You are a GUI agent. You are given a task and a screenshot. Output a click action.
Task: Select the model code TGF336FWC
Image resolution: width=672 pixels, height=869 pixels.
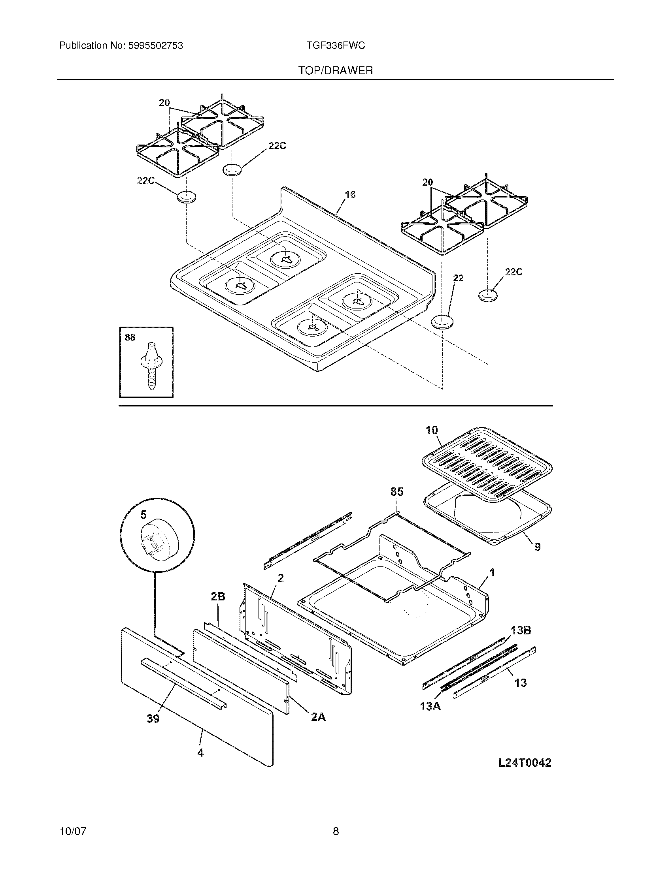pos(335,46)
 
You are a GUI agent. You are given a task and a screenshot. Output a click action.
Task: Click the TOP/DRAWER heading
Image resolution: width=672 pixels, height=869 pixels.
pos(336,71)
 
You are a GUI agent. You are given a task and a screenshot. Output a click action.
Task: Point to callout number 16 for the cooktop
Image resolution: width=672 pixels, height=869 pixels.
pos(350,195)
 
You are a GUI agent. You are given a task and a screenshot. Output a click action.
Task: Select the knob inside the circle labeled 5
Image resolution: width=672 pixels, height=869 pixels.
pos(158,540)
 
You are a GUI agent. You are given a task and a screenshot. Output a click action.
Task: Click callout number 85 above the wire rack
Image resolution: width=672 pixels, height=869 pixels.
pos(396,492)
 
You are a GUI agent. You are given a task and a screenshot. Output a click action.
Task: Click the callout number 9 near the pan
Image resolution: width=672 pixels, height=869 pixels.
pos(537,547)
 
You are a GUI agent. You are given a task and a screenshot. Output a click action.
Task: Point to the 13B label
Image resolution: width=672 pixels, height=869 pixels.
pos(521,630)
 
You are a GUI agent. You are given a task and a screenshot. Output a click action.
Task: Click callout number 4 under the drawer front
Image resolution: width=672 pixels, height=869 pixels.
pos(200,753)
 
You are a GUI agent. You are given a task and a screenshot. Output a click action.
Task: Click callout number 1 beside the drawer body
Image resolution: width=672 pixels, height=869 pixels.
pos(492,573)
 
